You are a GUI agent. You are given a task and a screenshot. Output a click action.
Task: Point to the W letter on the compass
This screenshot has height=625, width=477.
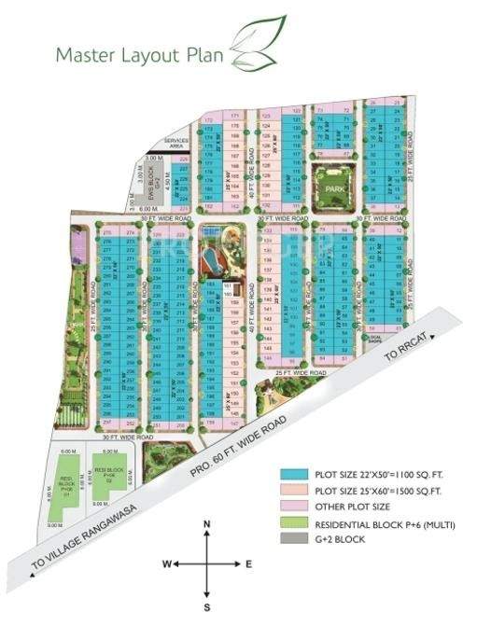pyautogui.click(x=164, y=564)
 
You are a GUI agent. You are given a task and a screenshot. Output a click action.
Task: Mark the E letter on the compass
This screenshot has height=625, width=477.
pyautogui.click(x=249, y=564)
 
